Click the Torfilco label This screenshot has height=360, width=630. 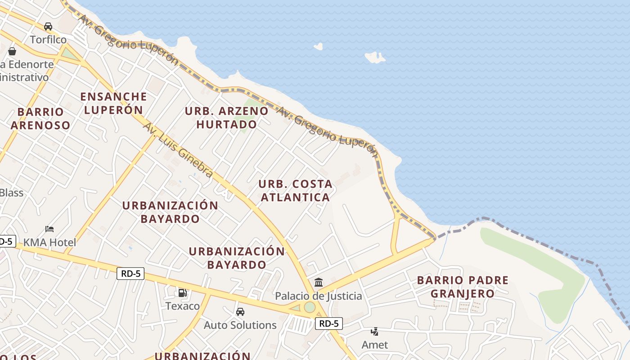[48, 40]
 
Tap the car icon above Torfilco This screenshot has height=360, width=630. [48, 27]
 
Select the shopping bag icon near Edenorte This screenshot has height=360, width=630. [12, 51]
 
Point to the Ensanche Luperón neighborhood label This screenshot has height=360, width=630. [113, 103]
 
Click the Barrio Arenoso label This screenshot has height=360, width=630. [40, 118]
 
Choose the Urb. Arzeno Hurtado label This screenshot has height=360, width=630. [226, 117]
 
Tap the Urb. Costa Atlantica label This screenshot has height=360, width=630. [295, 190]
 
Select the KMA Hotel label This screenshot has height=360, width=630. [49, 242]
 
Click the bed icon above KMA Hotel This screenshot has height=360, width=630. [49, 229]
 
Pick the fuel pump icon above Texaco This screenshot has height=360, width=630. [182, 293]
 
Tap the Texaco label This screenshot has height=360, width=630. [182, 306]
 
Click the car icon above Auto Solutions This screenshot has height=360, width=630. [240, 311]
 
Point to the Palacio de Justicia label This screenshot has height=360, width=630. [318, 296]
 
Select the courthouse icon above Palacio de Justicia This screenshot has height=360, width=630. [319, 283]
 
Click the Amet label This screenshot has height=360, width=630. [374, 345]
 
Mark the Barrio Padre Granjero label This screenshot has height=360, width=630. [463, 287]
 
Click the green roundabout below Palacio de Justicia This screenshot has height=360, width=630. [310, 307]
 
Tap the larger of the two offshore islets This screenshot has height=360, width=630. [374, 57]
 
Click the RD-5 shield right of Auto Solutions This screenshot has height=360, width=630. [328, 323]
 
